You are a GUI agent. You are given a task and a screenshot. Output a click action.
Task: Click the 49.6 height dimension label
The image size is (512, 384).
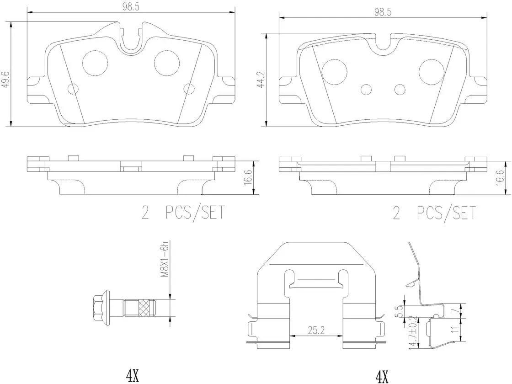pos(5,80)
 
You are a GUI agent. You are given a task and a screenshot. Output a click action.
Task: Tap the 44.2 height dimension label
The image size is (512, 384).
pos(260,80)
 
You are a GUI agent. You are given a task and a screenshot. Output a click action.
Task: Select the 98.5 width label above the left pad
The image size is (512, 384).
pos(131,7)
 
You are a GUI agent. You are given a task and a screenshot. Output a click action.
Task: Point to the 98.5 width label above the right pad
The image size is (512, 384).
pos(383,12)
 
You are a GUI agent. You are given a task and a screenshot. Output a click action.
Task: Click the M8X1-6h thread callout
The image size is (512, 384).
pos(165,260)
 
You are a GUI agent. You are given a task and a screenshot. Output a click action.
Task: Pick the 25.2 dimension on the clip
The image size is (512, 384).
pos(316,331)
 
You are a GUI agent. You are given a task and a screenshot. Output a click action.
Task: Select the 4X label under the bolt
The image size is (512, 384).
pos(132,377)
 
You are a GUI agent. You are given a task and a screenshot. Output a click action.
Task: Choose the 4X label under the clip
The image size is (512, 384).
pos(382,377)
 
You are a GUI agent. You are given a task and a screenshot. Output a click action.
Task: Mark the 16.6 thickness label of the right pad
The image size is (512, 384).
pos(500,178)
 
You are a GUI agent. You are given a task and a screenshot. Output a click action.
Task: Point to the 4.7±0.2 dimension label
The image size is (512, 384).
pos(414,331)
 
